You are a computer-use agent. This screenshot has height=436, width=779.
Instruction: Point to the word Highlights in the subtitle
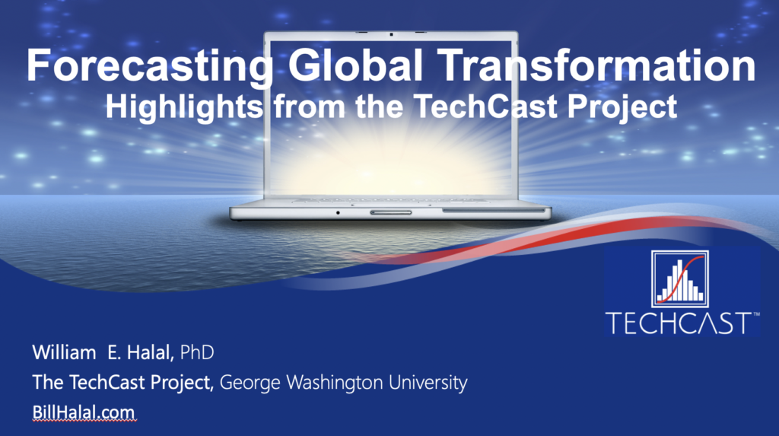[184, 107]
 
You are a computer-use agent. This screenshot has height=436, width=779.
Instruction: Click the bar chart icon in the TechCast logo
[680, 279]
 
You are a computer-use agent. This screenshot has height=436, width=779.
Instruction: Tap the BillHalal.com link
[84, 412]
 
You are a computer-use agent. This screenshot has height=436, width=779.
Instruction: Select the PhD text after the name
[197, 352]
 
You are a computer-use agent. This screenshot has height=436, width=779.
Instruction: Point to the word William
[64, 352]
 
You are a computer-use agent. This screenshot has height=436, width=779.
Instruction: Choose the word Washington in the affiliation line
[335, 383]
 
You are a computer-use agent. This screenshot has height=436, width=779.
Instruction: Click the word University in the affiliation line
[428, 383]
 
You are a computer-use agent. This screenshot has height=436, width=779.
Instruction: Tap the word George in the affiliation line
[251, 383]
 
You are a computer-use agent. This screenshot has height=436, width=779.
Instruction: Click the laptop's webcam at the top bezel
[391, 34]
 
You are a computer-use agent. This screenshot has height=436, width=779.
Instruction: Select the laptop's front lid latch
[390, 212]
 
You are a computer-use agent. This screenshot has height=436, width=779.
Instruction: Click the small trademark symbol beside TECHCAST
[756, 314]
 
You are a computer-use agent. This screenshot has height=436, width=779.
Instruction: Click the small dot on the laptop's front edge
[338, 213]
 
